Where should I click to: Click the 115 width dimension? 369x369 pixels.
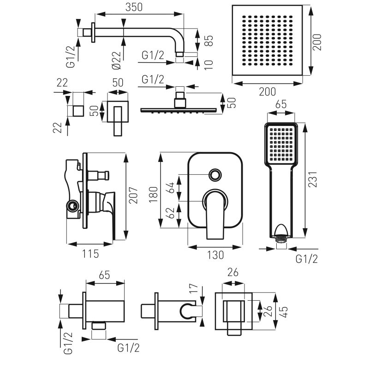tap(89, 254)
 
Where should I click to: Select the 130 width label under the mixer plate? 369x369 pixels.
tap(215, 254)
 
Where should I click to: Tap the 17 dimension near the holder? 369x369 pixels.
tap(193, 291)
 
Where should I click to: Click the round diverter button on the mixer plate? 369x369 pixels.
tap(214, 175)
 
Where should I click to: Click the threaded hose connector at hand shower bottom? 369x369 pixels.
tap(281, 240)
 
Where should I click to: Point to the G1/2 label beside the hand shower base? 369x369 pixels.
tap(307, 259)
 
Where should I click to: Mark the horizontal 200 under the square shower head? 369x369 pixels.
tap(266, 92)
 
